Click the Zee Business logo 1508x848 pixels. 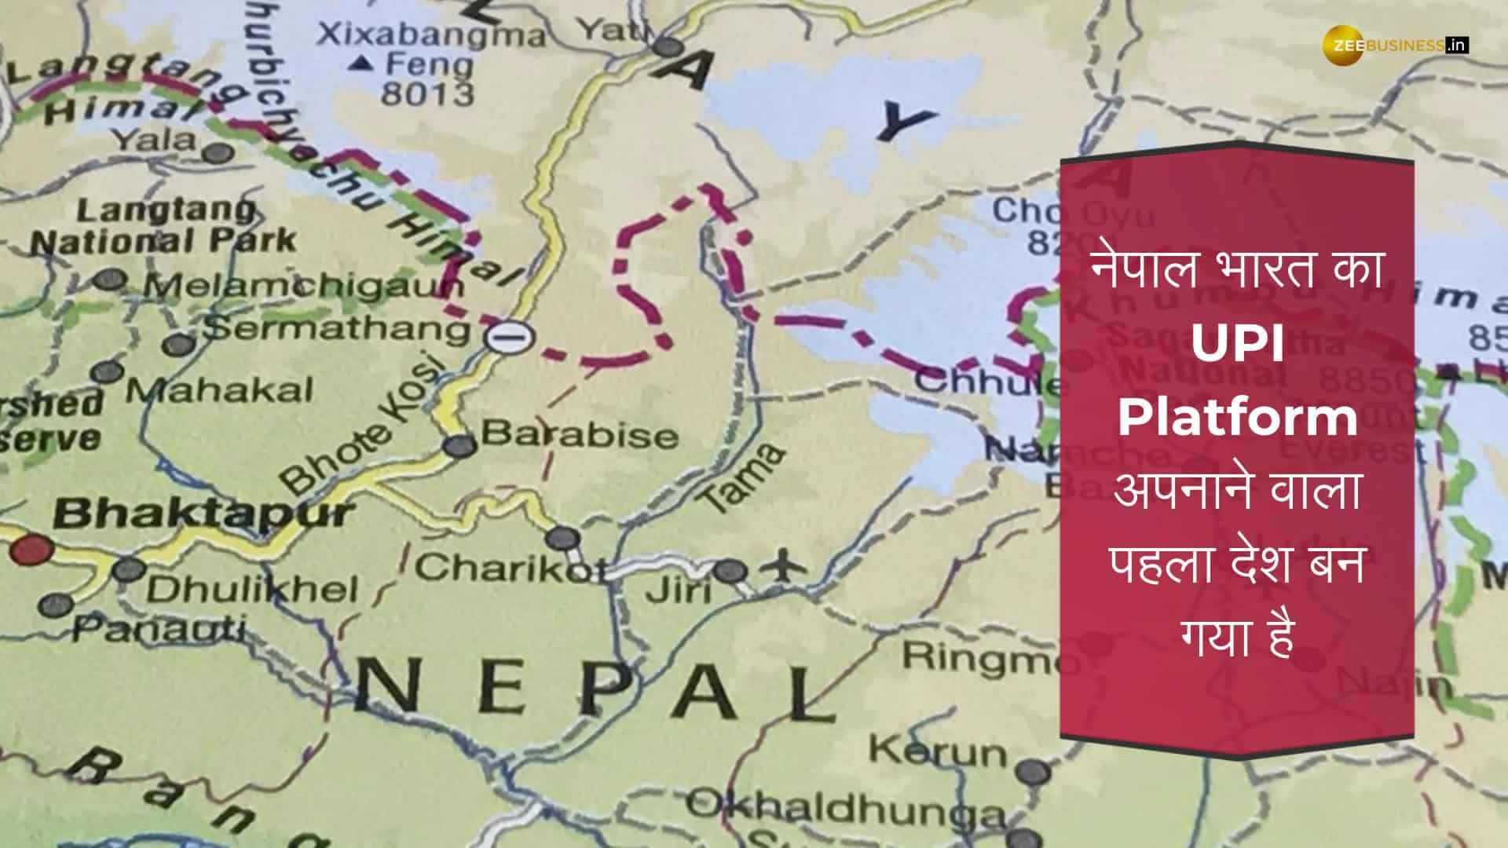point(1395,46)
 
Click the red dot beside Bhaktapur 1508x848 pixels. point(31,549)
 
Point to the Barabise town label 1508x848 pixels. point(580,434)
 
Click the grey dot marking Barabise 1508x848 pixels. point(459,446)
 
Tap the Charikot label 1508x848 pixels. point(511,568)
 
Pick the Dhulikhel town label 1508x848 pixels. point(252,590)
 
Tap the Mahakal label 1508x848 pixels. point(219,389)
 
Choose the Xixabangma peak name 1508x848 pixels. point(430,35)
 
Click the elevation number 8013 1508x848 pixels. point(427,93)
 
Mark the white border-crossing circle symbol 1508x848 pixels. point(509,338)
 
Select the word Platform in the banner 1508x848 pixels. point(1237,419)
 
